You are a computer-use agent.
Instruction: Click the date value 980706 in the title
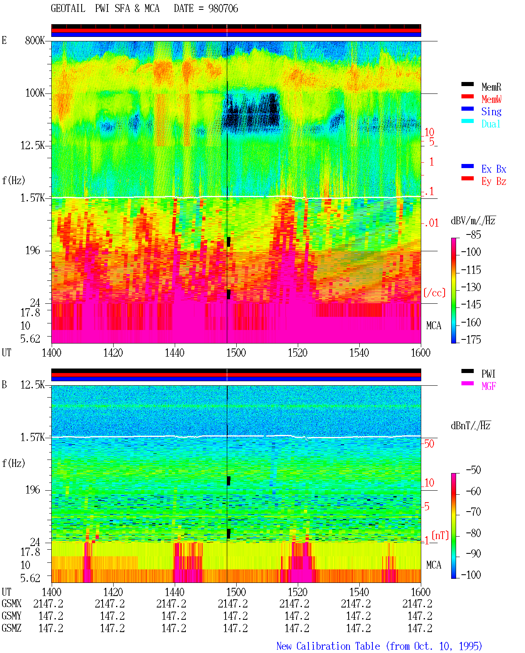(223, 9)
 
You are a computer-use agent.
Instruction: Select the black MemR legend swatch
(467, 84)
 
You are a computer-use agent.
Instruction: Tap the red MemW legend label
(491, 99)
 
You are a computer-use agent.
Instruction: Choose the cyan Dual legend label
(491, 124)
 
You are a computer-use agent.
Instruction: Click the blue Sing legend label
(491, 111)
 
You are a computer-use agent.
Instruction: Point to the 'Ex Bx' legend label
(494, 169)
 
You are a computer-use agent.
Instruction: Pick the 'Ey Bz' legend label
(494, 181)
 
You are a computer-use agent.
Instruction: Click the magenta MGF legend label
(488, 386)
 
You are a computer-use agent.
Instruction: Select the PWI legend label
(488, 373)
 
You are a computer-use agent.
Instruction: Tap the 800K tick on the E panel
(35, 40)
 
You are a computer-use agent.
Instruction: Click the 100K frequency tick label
(35, 93)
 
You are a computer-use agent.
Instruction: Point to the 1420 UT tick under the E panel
(113, 353)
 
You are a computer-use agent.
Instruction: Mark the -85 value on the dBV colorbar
(473, 234)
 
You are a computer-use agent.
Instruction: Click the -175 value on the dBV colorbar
(471, 339)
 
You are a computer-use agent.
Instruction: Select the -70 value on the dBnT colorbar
(473, 512)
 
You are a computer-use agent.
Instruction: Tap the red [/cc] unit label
(434, 293)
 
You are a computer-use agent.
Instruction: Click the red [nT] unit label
(440, 535)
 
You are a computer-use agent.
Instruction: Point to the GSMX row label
(11, 603)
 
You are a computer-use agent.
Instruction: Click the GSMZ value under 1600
(420, 628)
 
